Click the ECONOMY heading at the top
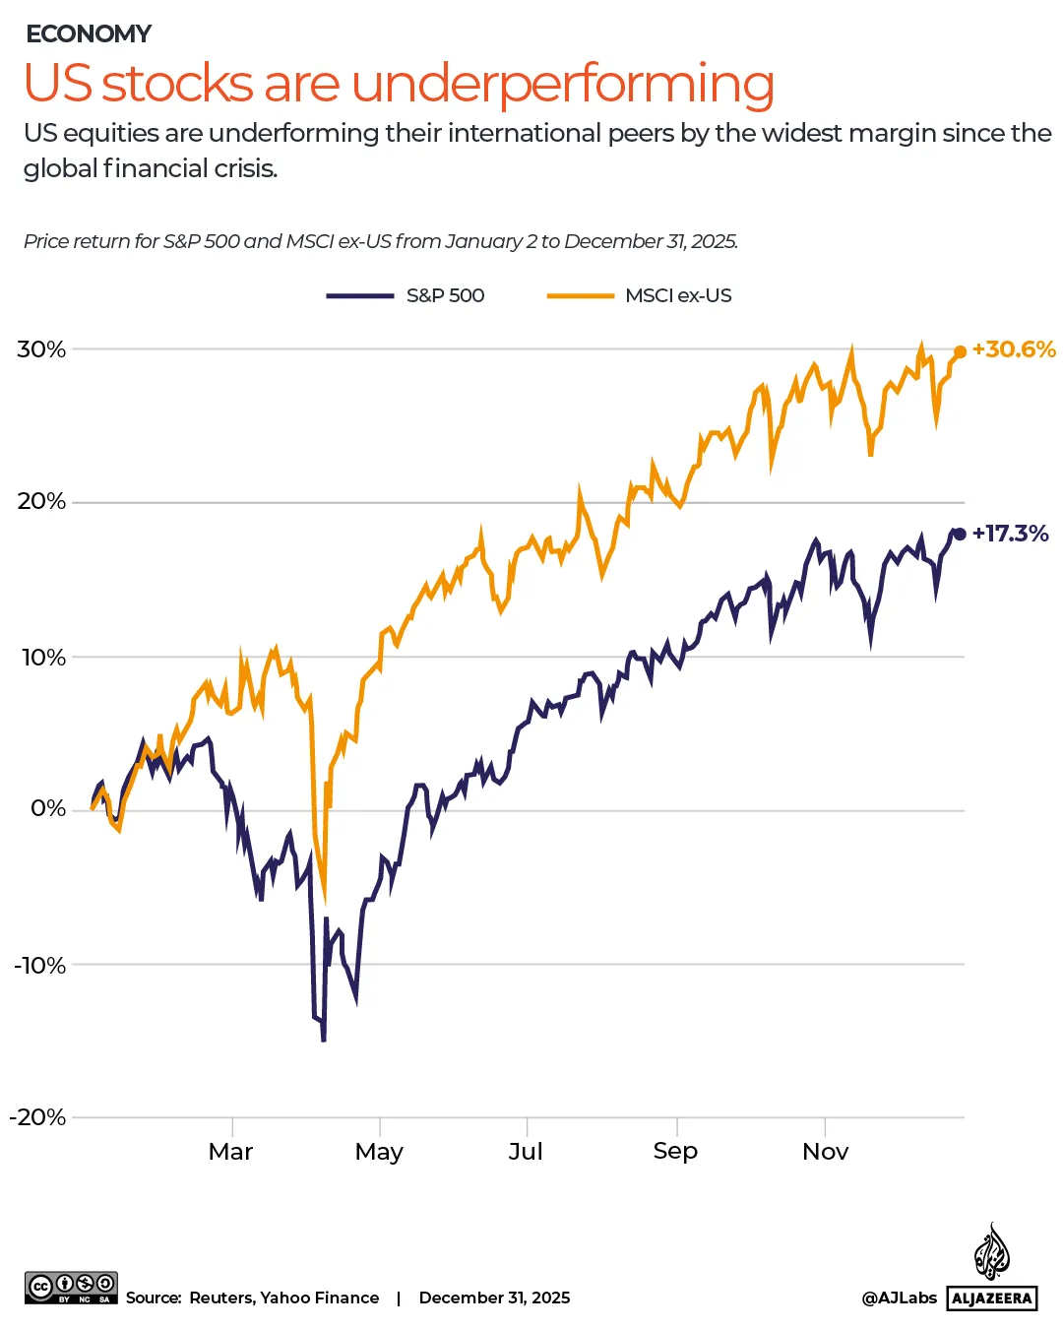89,34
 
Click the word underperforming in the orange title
562,85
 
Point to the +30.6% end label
1014,349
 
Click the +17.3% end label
1011,534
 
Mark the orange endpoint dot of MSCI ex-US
960,352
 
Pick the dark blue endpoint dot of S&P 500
960,534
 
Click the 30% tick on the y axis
41,349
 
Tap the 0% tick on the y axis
48,809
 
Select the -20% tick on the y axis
38,1117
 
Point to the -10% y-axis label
40,966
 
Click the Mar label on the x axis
231,1152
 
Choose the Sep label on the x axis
675,1151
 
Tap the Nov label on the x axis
825,1152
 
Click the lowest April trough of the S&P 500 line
323,1039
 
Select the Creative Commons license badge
71,1288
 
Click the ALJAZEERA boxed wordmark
992,1298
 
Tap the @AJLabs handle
899,1298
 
